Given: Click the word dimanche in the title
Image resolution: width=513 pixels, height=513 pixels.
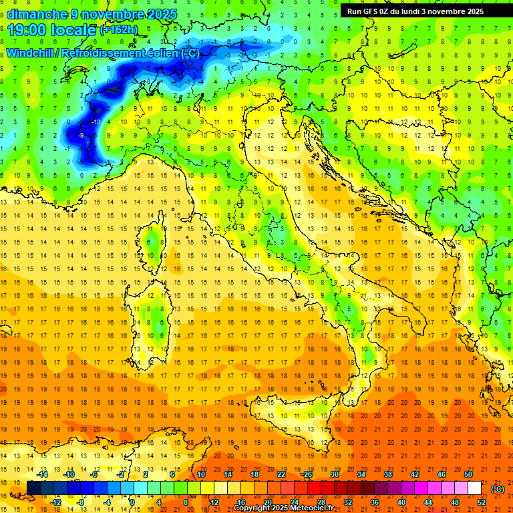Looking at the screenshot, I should pyautogui.click(x=37, y=14).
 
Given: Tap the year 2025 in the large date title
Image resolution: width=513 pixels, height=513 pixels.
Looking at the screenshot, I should pyautogui.click(x=161, y=14).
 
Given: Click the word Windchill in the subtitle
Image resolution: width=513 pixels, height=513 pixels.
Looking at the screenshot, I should pyautogui.click(x=30, y=53).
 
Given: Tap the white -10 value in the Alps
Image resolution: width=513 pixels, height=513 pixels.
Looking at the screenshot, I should pyautogui.click(x=96, y=122).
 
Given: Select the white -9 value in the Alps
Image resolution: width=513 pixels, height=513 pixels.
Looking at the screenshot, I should pyautogui.click(x=81, y=136).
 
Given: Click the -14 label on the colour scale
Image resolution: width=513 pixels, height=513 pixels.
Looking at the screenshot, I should pyautogui.click(x=43, y=474).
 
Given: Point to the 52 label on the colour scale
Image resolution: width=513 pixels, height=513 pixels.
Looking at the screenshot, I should pyautogui.click(x=482, y=502).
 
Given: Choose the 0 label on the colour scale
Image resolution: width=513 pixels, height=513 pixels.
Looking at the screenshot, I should pyautogui.click(x=132, y=502).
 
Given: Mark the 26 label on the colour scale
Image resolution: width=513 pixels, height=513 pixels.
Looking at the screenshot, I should pyautogui.click(x=308, y=474).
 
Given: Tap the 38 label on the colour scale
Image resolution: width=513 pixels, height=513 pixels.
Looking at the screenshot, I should pyautogui.click(x=387, y=474).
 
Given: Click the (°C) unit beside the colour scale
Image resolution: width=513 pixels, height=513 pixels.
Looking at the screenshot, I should pyautogui.click(x=498, y=488).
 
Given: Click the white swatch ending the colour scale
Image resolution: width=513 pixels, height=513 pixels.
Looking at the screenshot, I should pyautogui.click(x=474, y=488).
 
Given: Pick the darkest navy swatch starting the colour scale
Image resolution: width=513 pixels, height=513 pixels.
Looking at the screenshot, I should pyautogui.click(x=33, y=488).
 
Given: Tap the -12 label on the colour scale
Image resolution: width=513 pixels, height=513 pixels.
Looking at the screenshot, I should pyautogui.click(x=56, y=502).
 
